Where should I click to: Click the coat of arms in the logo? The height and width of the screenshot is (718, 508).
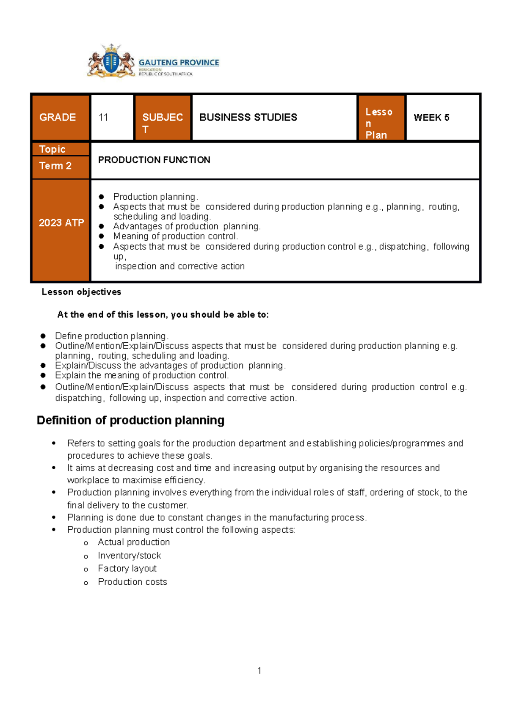111,62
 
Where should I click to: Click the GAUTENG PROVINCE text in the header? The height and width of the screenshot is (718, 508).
179,63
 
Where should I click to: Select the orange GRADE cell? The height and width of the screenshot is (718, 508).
61,117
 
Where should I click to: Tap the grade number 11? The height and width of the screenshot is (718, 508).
104,118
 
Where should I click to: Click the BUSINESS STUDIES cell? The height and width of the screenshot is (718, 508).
248,117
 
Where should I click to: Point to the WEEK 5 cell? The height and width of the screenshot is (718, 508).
431,118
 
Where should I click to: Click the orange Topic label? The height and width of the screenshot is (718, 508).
52,149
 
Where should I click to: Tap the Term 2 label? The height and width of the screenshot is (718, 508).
55,166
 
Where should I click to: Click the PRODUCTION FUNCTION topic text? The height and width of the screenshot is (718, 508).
154,160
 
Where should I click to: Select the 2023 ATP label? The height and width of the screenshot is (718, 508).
61,223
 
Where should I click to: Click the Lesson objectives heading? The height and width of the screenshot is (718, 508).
81,292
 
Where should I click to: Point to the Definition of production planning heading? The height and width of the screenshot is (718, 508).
130,420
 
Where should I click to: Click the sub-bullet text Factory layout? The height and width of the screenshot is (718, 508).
127,569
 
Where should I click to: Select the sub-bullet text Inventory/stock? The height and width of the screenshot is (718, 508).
129,556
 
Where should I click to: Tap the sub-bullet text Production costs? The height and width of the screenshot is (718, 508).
132,582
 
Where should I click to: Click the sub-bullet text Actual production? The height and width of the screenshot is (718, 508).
133,542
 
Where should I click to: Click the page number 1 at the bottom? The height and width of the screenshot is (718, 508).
259,671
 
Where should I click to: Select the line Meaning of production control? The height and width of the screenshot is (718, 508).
175,237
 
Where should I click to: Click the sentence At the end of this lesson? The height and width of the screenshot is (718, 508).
163,315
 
